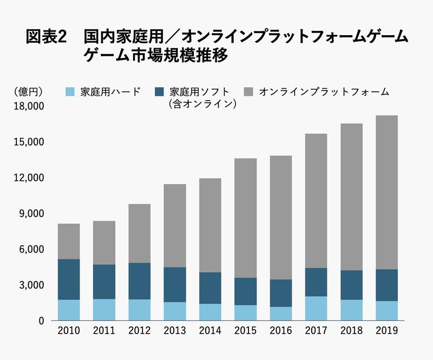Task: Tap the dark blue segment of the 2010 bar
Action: click(69, 279)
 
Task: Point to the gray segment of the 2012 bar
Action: click(139, 233)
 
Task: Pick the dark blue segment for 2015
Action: click(245, 291)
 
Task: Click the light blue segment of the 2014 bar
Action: click(209, 312)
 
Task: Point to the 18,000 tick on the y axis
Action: click(28, 107)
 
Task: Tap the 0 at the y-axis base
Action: click(40, 320)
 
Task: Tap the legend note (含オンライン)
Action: click(204, 103)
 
